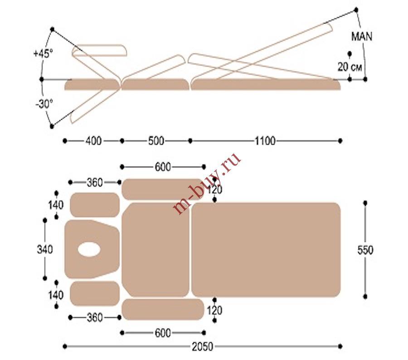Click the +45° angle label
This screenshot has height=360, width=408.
pyautogui.click(x=43, y=54)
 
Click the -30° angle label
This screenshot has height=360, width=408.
pyautogui.click(x=44, y=104)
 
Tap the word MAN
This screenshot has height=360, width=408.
pyautogui.click(x=362, y=36)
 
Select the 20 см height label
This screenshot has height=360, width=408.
pyautogui.click(x=350, y=67)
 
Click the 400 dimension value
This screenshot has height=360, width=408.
pyautogui.click(x=93, y=141)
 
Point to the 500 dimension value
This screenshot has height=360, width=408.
pyautogui.click(x=156, y=141)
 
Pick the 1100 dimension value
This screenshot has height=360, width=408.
pyautogui.click(x=265, y=141)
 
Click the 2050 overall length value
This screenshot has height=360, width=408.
pyautogui.click(x=203, y=346)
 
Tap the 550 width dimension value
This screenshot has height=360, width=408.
pyautogui.click(x=365, y=250)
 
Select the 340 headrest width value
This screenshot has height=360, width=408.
pyautogui.click(x=45, y=249)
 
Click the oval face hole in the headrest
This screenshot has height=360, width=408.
pyautogui.click(x=89, y=249)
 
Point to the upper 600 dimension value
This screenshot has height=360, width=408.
pyautogui.click(x=163, y=167)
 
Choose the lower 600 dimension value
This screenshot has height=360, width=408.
pyautogui.click(x=163, y=333)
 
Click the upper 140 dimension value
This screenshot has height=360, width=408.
pyautogui.click(x=56, y=205)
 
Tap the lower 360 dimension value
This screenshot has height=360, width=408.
pyautogui.click(x=94, y=317)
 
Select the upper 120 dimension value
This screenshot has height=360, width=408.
pyautogui.click(x=215, y=190)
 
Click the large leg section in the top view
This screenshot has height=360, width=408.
pyautogui.click(x=266, y=250)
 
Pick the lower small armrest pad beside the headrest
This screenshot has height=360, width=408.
pyautogui.click(x=95, y=293)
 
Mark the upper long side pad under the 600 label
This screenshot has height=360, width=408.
pyautogui.click(x=163, y=190)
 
